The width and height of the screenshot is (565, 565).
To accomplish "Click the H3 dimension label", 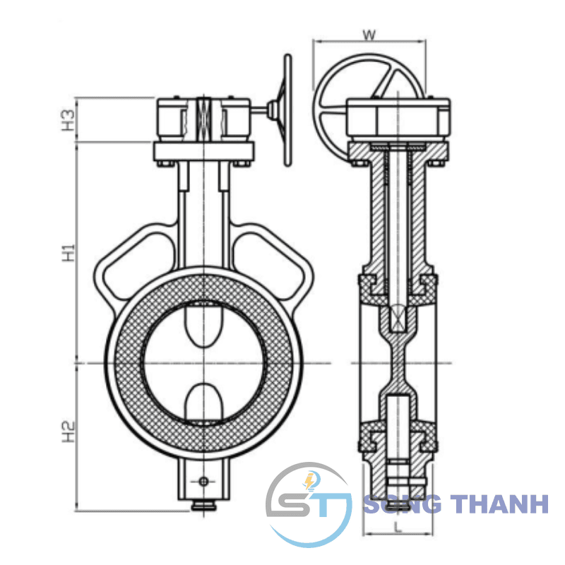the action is [x=68, y=120].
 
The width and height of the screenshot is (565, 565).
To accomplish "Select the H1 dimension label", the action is [x=68, y=253].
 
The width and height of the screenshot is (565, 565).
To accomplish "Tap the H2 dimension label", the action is [x=68, y=432].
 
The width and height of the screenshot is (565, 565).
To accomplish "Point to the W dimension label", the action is [x=369, y=35].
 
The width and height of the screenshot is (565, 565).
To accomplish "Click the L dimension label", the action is [x=398, y=528].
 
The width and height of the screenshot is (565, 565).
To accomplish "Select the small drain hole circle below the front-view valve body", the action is [x=203, y=481].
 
